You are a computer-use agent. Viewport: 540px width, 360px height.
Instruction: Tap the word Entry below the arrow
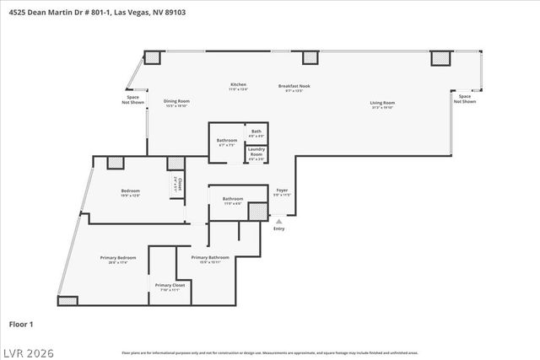[279, 228]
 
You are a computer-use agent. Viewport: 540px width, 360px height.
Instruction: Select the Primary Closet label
[170, 287]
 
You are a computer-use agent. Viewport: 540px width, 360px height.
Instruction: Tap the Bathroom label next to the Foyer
[232, 201]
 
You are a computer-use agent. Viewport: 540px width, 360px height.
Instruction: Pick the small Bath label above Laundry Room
[256, 132]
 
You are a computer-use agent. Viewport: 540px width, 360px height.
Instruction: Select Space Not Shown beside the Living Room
[464, 99]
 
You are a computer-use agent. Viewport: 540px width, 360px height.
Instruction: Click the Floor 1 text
[21, 323]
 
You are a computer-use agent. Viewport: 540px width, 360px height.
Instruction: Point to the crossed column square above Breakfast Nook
[310, 58]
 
